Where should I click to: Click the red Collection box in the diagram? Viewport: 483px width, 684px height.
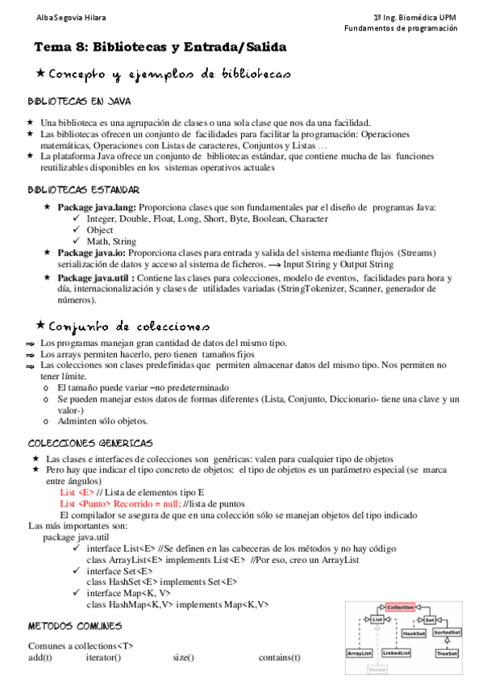point(400,606)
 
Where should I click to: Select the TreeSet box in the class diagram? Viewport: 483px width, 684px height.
point(447,653)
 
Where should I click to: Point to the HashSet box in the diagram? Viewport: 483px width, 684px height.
point(414,633)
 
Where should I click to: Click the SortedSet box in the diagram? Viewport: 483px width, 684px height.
point(448,633)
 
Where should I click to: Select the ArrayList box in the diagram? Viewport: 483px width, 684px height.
point(360,653)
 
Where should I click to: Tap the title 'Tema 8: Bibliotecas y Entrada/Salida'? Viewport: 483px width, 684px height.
point(160,48)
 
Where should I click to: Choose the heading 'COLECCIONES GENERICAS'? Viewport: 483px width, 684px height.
point(90,444)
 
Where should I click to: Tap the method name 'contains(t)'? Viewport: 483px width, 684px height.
point(279,657)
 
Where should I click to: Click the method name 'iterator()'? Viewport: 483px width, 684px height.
point(103,657)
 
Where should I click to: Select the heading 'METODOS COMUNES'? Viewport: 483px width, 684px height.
point(75,626)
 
